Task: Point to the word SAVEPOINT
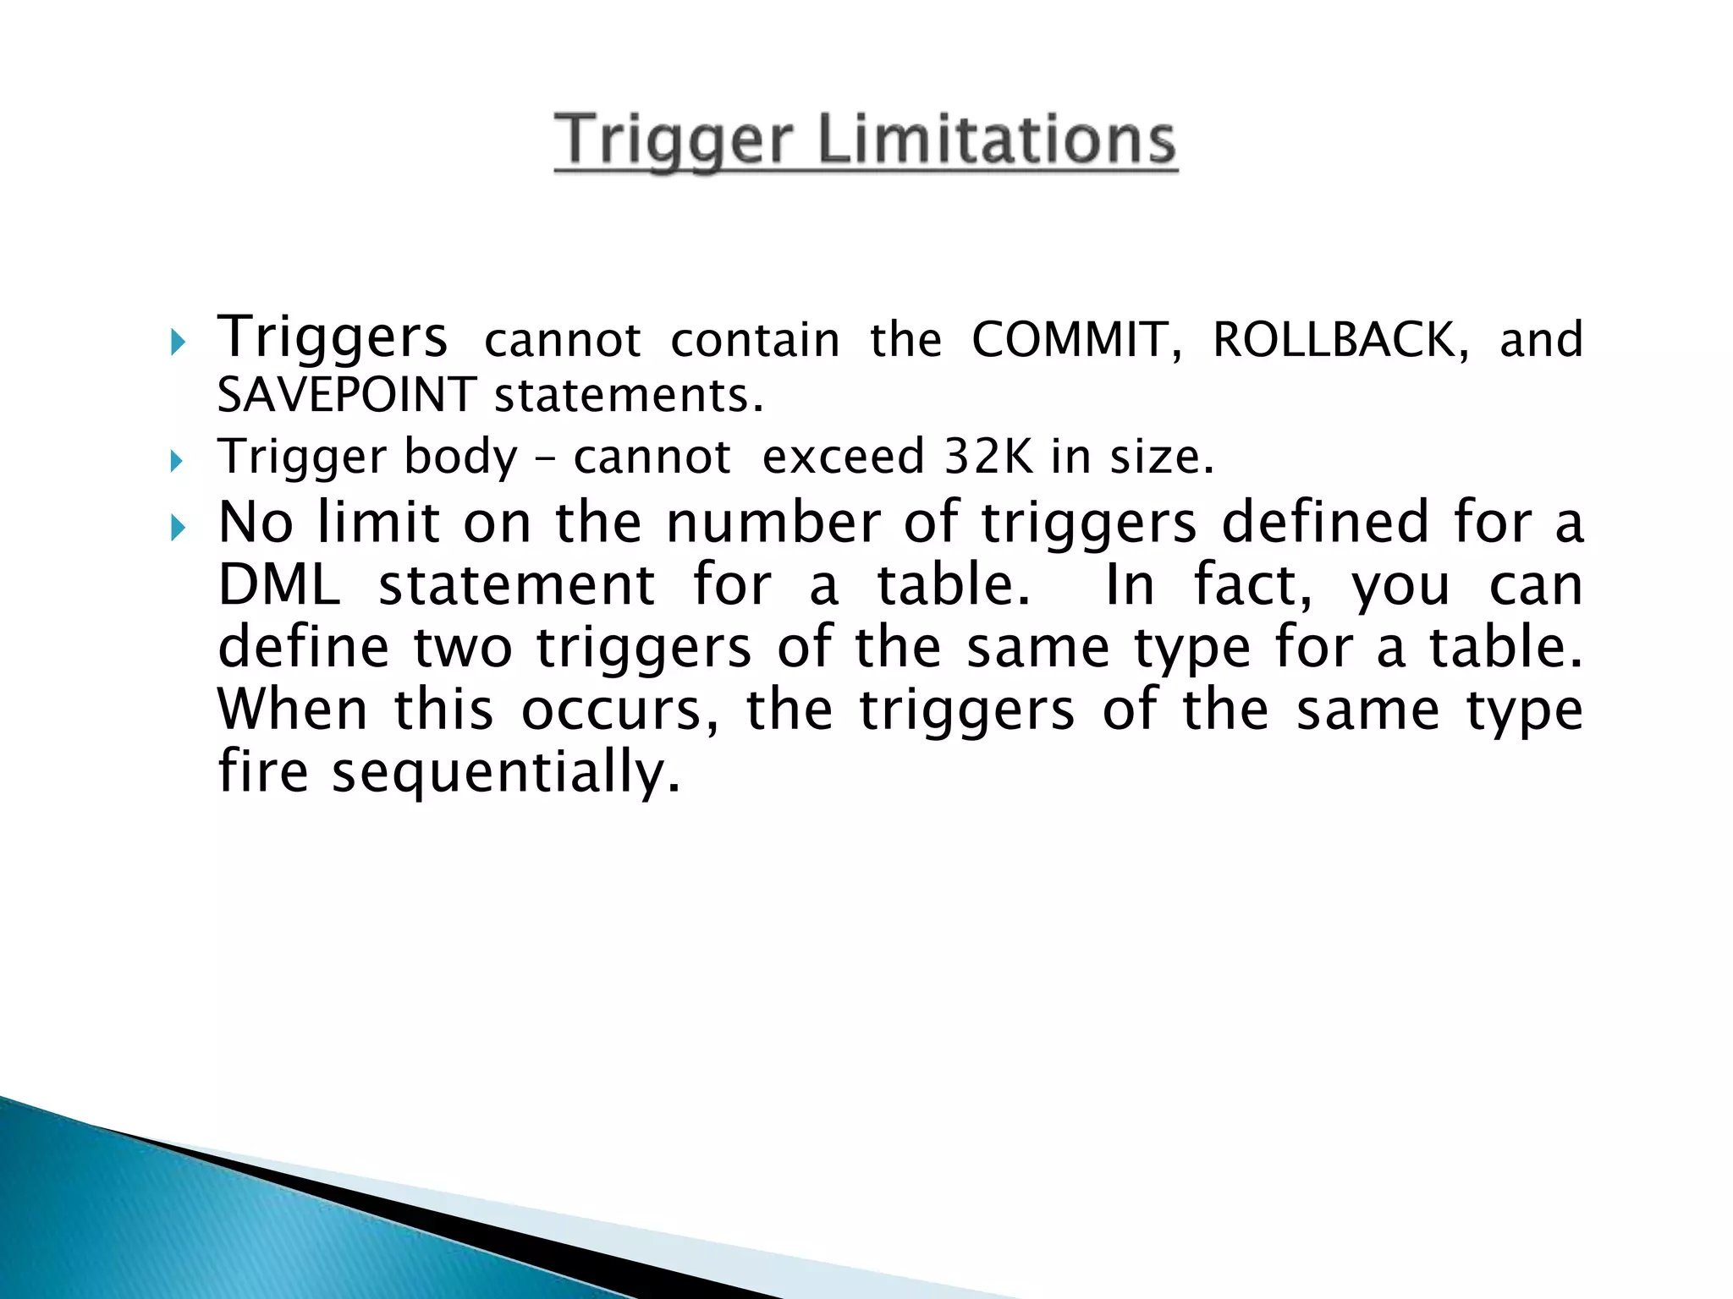(346, 395)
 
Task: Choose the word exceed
(843, 457)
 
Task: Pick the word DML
(279, 585)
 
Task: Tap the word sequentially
(505, 772)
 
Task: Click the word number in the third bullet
(773, 522)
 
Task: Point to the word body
(460, 457)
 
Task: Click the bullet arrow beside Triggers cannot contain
(176, 343)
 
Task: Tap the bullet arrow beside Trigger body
(176, 461)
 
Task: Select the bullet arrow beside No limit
(176, 529)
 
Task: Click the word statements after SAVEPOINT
(629, 395)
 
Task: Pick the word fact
(1253, 585)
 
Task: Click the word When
(293, 710)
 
